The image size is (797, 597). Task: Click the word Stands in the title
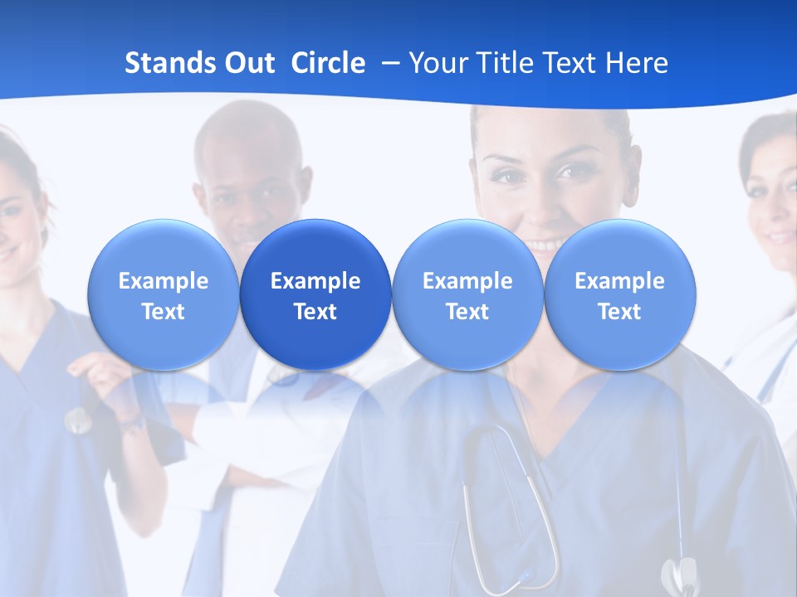(164, 63)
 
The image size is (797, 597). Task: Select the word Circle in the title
(328, 63)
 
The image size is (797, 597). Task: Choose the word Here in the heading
(638, 63)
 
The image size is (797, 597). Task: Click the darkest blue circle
(315, 294)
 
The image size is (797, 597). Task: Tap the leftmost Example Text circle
(163, 294)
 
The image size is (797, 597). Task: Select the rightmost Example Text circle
(619, 294)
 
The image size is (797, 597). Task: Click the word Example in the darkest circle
(315, 281)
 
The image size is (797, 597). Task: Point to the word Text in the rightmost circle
(619, 312)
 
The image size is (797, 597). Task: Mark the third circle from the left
(467, 294)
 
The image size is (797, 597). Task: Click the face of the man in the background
(249, 187)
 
